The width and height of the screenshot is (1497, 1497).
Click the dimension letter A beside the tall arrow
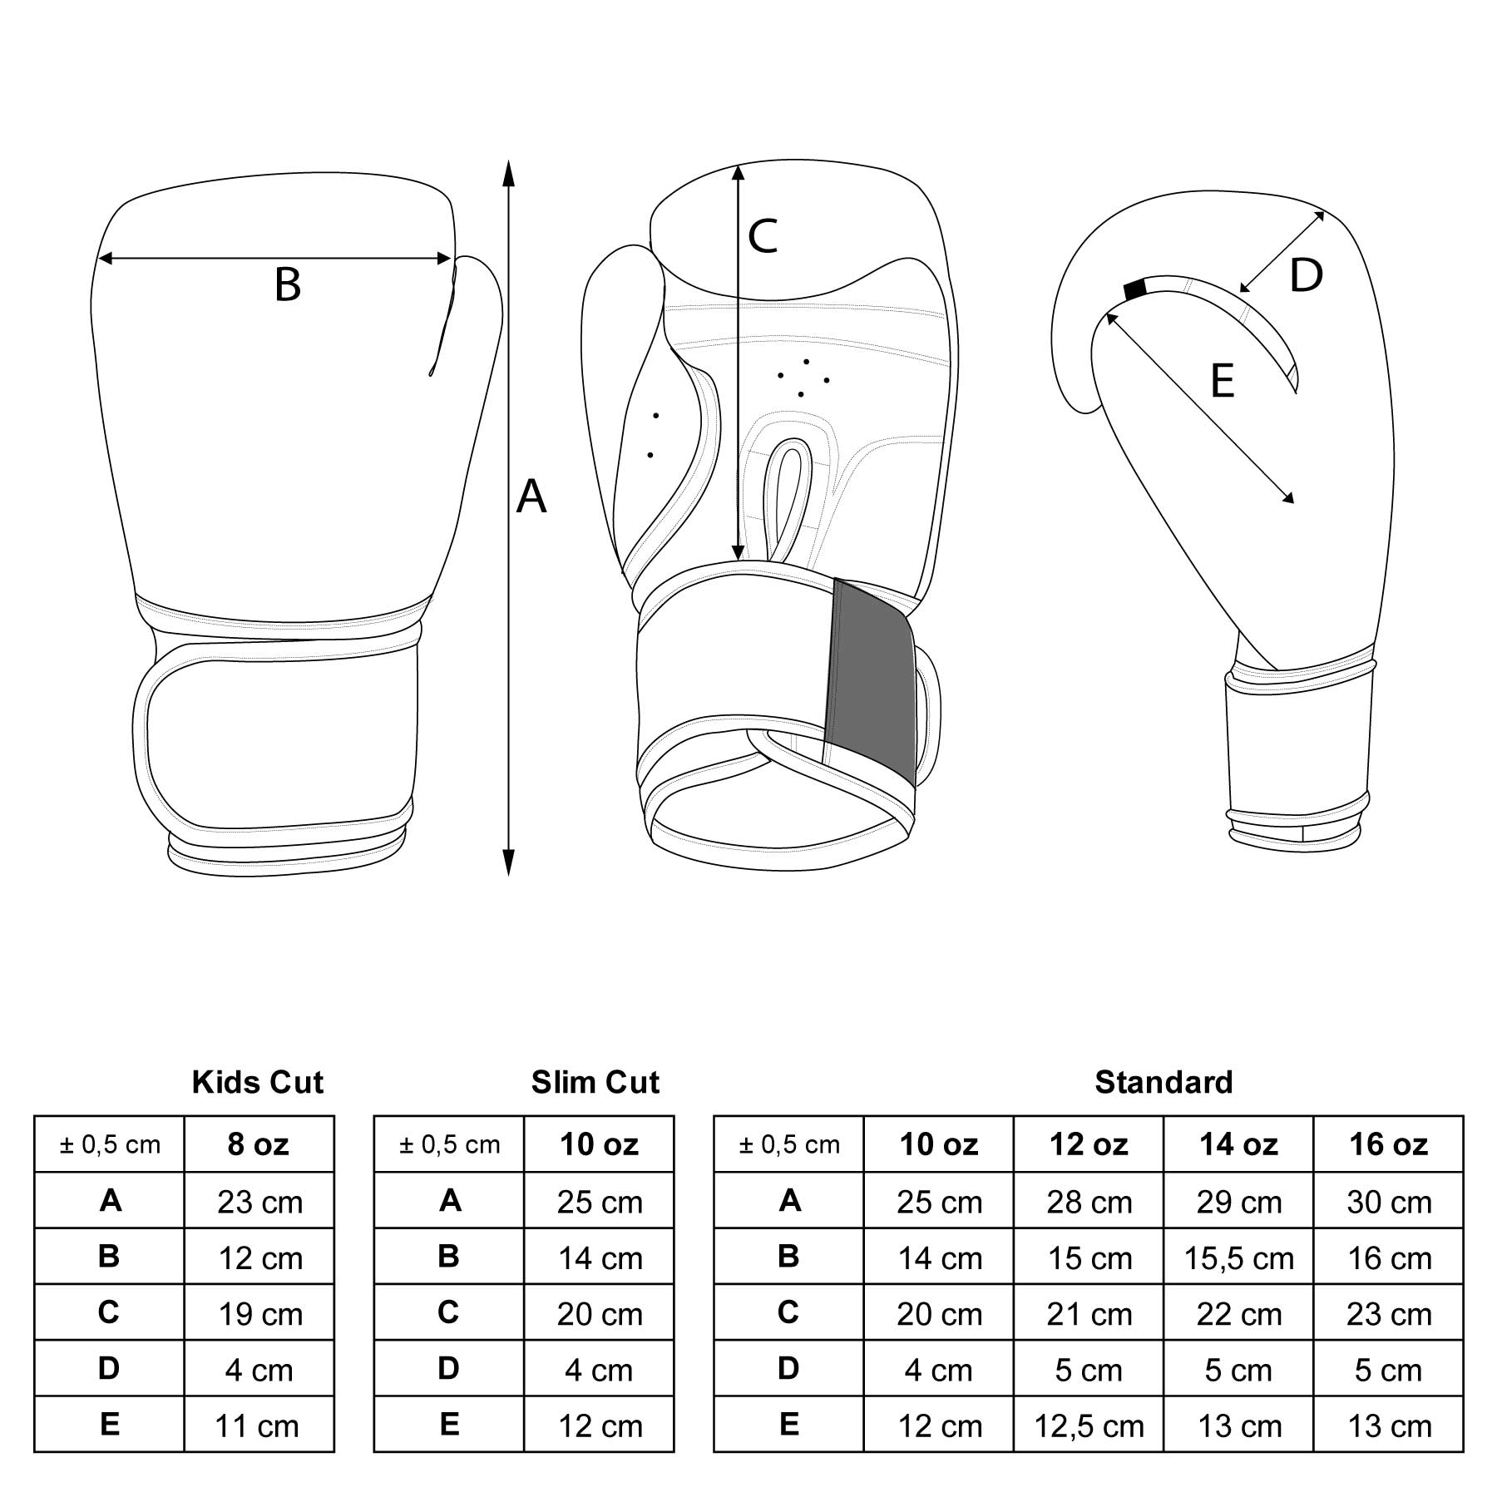click(531, 497)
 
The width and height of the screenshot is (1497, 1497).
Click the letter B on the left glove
click(287, 284)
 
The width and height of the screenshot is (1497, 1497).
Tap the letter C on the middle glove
click(762, 236)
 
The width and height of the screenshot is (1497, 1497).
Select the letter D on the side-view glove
click(1306, 275)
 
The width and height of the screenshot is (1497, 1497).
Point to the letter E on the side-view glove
click(1222, 382)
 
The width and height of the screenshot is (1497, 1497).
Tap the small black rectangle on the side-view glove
click(1134, 289)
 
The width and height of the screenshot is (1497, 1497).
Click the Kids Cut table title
click(258, 1082)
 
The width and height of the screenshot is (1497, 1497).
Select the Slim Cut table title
click(595, 1082)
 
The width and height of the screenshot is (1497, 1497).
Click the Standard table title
click(1164, 1082)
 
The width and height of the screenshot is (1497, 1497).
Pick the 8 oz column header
click(259, 1145)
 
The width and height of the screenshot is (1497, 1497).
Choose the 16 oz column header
click(1388, 1145)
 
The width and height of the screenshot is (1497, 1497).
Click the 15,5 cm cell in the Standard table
click(1238, 1258)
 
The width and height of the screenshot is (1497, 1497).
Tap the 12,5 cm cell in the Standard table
click(1089, 1426)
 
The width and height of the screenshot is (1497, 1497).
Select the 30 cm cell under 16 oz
click(1388, 1202)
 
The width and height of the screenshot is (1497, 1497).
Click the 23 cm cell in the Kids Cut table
click(259, 1202)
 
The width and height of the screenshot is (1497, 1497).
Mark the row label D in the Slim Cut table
click(448, 1369)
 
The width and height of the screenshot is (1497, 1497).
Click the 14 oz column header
click(1238, 1145)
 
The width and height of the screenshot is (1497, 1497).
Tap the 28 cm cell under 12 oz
click(1089, 1202)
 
